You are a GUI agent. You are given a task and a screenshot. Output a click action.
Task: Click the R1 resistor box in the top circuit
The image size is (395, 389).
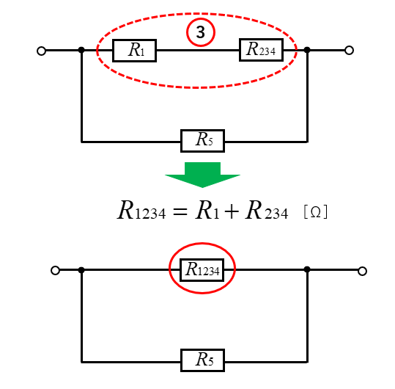pyautogui.click(x=135, y=51)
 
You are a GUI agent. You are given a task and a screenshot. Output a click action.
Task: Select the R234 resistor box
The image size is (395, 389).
pyautogui.click(x=261, y=50)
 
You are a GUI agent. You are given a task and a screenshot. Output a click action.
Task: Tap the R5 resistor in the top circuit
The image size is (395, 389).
pyautogui.click(x=202, y=141)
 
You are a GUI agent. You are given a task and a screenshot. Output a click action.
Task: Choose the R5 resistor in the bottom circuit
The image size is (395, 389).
pyautogui.click(x=202, y=360)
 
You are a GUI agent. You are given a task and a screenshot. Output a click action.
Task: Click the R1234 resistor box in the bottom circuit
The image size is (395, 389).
pyautogui.click(x=202, y=269)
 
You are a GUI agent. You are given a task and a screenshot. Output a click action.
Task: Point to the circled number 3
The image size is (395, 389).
pyautogui.click(x=201, y=32)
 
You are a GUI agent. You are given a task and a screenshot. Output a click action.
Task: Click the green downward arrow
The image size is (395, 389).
pyautogui.click(x=202, y=175)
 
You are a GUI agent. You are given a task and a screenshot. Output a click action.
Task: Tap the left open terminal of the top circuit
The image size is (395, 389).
pyautogui.click(x=41, y=51)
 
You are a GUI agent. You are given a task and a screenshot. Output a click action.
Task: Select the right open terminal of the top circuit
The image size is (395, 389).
pyautogui.click(x=349, y=51)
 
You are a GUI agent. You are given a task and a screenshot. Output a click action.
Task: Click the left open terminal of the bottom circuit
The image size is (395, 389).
pyautogui.click(x=55, y=270)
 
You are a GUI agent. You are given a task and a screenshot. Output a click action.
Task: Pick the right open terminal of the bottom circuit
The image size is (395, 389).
pyautogui.click(x=362, y=271)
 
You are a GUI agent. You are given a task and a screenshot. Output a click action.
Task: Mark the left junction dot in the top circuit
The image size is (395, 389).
pyautogui.click(x=81, y=50)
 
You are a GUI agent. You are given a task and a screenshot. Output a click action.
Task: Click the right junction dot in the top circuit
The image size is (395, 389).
pyautogui.click(x=307, y=50)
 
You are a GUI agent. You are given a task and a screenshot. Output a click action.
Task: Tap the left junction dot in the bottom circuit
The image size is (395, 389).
pyautogui.click(x=81, y=270)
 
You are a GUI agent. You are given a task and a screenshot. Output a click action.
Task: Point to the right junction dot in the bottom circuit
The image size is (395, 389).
pyautogui.click(x=307, y=269)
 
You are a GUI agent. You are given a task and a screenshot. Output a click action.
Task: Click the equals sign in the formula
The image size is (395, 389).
pyautogui.click(x=180, y=212)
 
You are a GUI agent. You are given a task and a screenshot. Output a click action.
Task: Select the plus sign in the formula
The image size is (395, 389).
pyautogui.click(x=232, y=211)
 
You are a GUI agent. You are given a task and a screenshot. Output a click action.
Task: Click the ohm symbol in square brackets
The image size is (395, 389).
pyautogui.click(x=316, y=211)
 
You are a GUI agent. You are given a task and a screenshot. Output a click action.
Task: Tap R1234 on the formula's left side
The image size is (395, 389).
pyautogui.click(x=141, y=210)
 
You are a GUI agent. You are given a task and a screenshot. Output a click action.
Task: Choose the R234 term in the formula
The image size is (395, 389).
pyautogui.click(x=267, y=210)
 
